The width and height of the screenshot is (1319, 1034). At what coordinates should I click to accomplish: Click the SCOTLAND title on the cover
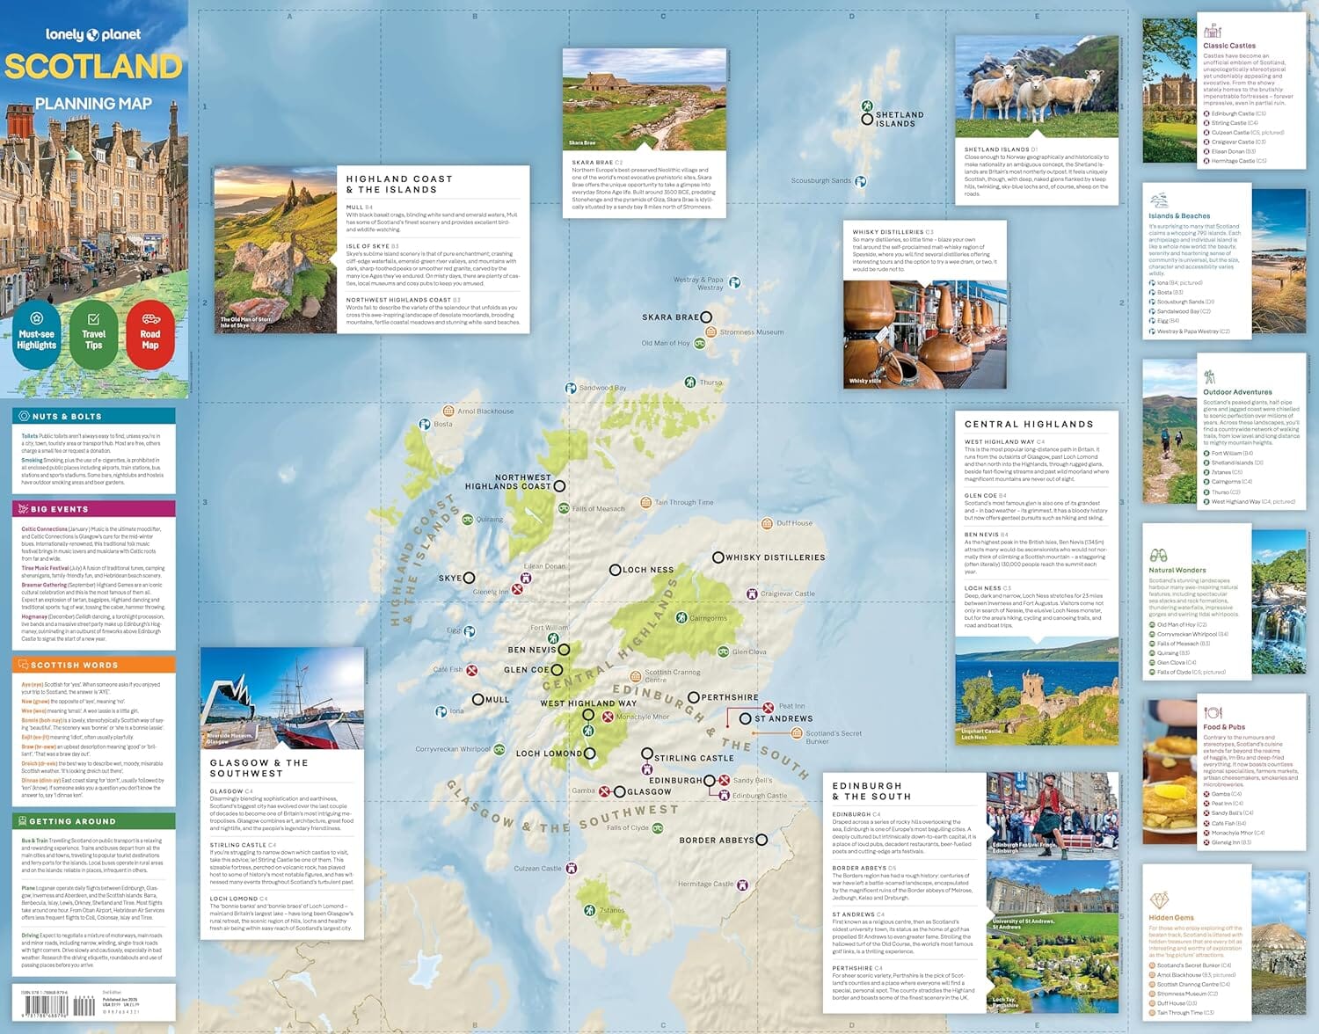(x=93, y=67)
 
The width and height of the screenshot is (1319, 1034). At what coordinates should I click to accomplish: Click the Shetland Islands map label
(x=900, y=120)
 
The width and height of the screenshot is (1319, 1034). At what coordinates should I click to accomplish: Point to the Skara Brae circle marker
(x=706, y=317)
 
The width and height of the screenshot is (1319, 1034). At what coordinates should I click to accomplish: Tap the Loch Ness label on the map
(x=648, y=570)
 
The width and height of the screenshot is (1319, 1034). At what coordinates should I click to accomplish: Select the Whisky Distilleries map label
(x=775, y=557)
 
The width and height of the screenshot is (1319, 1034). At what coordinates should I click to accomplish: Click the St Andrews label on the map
(x=783, y=718)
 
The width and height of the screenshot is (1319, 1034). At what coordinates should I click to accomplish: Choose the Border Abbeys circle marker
(x=762, y=840)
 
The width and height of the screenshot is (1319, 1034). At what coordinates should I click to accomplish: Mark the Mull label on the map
(x=497, y=700)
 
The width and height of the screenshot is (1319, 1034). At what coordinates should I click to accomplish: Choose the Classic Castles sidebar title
(x=1229, y=46)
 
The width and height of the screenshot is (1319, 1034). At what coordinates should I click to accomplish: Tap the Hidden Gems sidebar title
(x=1171, y=917)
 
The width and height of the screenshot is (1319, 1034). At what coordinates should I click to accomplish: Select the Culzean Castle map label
(x=537, y=869)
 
